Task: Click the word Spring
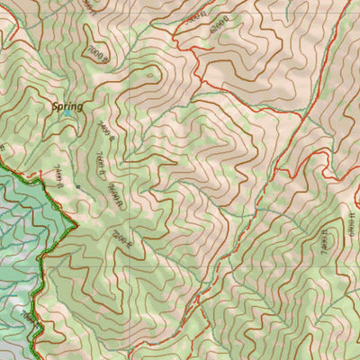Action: point(67,106)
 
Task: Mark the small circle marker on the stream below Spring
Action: point(78,186)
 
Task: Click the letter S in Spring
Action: point(54,106)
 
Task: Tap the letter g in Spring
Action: point(79,108)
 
